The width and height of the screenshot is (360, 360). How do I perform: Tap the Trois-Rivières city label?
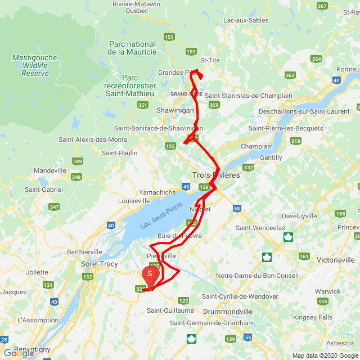216,175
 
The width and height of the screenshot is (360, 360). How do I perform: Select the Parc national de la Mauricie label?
132,48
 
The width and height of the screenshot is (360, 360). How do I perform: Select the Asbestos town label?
340,343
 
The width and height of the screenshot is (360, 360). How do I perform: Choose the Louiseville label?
134,200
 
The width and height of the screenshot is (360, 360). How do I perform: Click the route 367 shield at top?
322,6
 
